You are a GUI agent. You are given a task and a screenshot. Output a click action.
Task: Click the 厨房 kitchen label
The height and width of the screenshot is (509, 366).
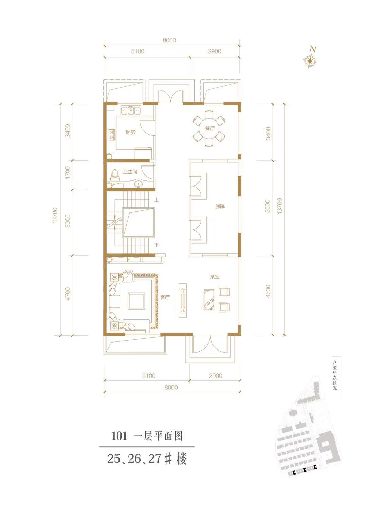[130, 132]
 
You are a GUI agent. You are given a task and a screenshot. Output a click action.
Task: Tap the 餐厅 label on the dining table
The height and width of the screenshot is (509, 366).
[209, 129]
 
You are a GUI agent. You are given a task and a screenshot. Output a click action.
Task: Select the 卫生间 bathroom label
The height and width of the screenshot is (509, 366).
[130, 172]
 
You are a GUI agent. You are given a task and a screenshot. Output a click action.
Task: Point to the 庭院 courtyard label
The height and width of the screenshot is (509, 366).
[220, 206]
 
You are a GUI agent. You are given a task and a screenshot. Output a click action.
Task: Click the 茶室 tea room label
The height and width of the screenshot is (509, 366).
[215, 277]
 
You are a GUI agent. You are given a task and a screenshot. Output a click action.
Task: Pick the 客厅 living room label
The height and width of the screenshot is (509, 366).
[165, 297]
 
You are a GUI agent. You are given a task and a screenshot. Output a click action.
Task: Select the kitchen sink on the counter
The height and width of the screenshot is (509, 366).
[131, 111]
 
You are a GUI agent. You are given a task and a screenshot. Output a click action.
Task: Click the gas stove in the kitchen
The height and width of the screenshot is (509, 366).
[112, 134]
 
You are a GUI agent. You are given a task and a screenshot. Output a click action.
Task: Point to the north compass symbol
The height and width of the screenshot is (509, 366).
[310, 60]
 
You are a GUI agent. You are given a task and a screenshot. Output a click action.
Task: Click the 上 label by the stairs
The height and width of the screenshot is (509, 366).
[156, 200]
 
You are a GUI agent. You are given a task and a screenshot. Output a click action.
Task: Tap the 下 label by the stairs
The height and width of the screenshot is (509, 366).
[157, 245]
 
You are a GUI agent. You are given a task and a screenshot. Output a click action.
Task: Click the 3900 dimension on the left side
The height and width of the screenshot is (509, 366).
[68, 221]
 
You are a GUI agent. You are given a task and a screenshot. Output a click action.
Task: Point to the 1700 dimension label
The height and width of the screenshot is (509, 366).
[68, 173]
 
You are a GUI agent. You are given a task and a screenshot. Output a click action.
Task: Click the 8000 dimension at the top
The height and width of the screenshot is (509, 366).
[169, 40]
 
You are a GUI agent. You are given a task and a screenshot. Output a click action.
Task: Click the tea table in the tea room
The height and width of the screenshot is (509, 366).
[209, 300]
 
